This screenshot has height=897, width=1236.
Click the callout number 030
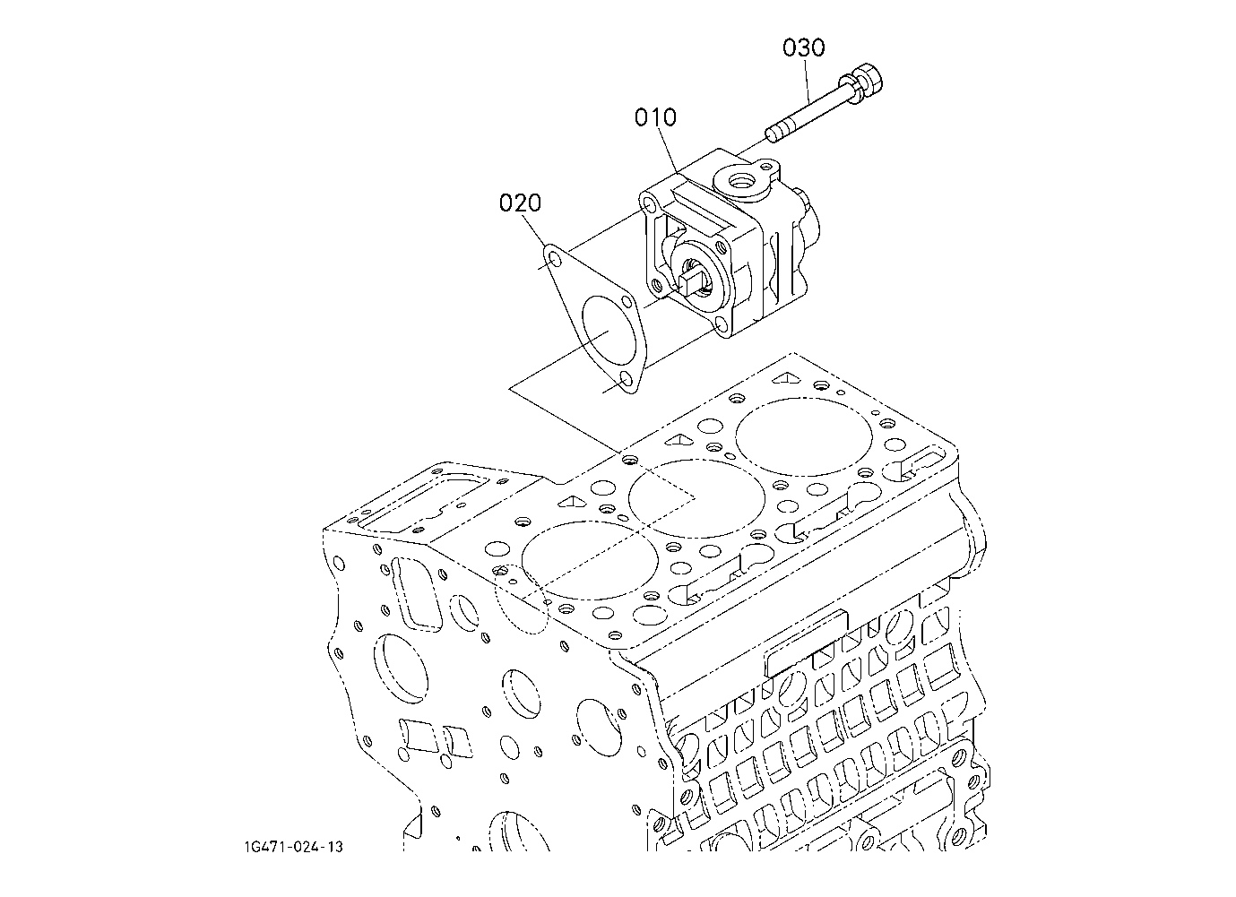(803, 48)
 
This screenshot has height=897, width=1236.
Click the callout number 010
(655, 117)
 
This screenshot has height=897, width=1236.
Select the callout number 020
(520, 203)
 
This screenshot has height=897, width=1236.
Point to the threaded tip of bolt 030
(773, 134)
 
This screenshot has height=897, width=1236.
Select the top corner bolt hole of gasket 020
(553, 257)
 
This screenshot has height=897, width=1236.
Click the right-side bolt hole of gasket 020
(627, 301)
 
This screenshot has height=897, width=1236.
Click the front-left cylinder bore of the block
(589, 560)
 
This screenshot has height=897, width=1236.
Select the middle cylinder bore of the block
(697, 498)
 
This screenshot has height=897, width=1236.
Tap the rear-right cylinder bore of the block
(804, 436)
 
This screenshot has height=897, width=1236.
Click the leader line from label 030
(807, 82)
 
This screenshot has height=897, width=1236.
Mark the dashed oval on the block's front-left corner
(521, 599)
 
